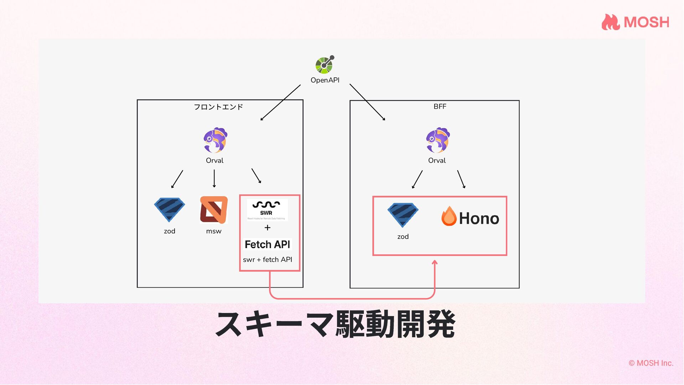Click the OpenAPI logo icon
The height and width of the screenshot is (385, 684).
tap(325, 65)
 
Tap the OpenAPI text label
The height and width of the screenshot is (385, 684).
tap(325, 80)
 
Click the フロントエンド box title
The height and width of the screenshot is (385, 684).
tap(218, 107)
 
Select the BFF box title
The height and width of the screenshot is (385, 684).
tap(440, 107)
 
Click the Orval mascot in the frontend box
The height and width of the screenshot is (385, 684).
tap(216, 140)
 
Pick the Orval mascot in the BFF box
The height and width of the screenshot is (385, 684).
tap(438, 140)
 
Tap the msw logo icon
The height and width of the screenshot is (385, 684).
tap(213, 210)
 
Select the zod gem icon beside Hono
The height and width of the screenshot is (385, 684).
tap(403, 215)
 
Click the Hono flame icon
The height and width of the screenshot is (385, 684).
tap(449, 216)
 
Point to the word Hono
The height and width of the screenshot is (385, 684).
tap(479, 219)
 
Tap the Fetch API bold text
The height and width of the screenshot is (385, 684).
tap(268, 245)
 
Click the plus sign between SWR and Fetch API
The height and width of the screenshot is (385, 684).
tap(268, 228)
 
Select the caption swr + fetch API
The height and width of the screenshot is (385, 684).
tap(268, 260)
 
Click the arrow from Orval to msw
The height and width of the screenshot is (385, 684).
tap(214, 178)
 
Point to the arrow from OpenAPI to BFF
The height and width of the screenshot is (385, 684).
tap(367, 102)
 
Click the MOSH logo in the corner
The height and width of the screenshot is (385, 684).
tap(636, 22)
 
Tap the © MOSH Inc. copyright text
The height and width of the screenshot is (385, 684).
tap(651, 363)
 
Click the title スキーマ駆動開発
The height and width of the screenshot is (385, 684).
tap(335, 324)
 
